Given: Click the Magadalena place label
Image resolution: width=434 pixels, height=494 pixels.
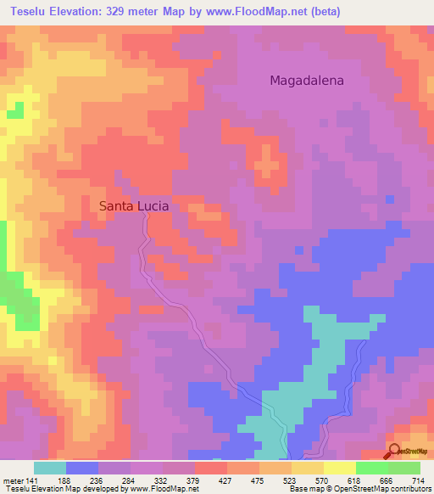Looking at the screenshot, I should pyautogui.click(x=306, y=81).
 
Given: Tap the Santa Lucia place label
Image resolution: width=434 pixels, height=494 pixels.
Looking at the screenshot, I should pyautogui.click(x=134, y=205).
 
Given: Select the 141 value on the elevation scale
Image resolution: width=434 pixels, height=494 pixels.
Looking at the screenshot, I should pyautogui.click(x=32, y=480).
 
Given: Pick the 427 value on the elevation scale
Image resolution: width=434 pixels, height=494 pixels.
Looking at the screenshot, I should pyautogui.click(x=225, y=480).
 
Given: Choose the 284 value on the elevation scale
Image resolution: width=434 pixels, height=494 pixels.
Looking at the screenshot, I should pyautogui.click(x=129, y=480).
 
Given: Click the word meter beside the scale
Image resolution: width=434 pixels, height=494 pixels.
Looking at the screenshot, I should pyautogui.click(x=12, y=480).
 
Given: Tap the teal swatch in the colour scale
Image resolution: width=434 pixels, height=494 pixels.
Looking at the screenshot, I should pyautogui.click(x=50, y=468).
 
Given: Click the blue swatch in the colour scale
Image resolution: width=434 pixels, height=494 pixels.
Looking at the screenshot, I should pyautogui.click(x=82, y=468).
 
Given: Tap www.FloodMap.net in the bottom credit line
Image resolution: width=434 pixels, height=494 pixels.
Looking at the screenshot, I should pyautogui.click(x=161, y=489).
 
